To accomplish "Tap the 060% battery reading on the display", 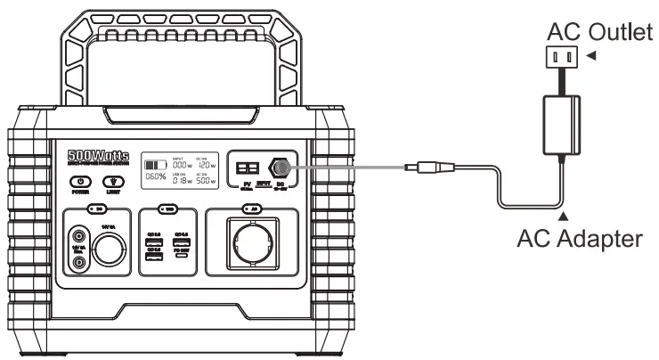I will pyautogui.click(x=156, y=177).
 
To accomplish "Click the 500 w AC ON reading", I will pyautogui.click(x=207, y=177).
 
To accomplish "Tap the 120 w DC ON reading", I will pyautogui.click(x=207, y=165).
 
